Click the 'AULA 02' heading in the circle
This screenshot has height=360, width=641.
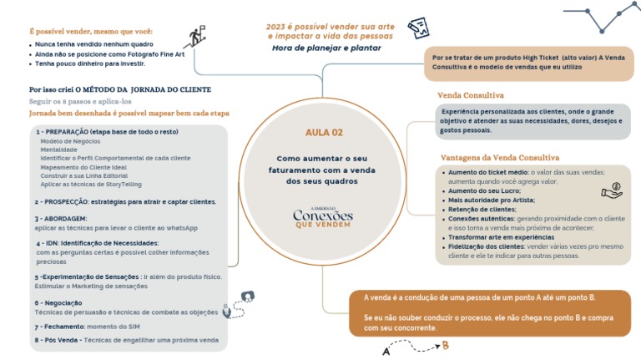tap(324, 132)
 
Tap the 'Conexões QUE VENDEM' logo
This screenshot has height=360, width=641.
tap(323, 216)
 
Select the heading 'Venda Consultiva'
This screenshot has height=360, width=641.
tap(470, 95)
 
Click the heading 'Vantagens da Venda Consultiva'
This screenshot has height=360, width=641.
tap(499, 157)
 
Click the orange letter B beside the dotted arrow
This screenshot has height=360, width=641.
tap(446, 345)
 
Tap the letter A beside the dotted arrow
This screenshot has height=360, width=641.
tap(386, 352)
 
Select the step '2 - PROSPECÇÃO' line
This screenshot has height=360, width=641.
tap(125, 201)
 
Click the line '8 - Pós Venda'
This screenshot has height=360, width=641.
tap(126, 340)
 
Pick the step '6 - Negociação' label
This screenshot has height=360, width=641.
tap(58, 302)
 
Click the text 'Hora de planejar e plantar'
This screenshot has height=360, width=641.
tap(326, 48)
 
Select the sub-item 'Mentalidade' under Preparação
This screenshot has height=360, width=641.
tap(58, 150)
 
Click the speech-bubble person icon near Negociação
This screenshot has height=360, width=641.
tap(247, 297)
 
